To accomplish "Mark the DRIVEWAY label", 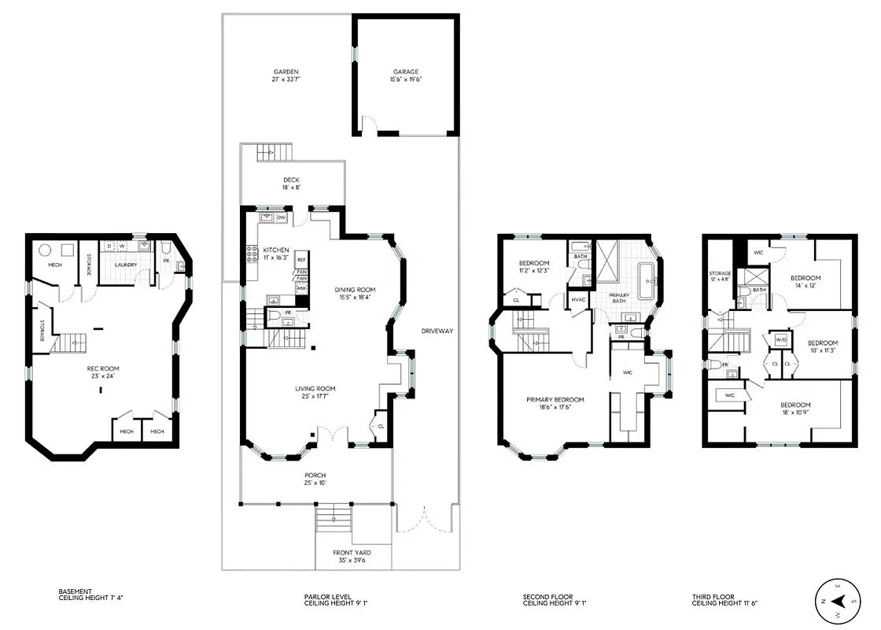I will (437, 330).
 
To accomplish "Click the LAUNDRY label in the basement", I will (127, 265).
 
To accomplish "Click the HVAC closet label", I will (580, 300).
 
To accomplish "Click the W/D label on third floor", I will (781, 339).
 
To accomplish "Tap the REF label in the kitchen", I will (301, 261).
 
